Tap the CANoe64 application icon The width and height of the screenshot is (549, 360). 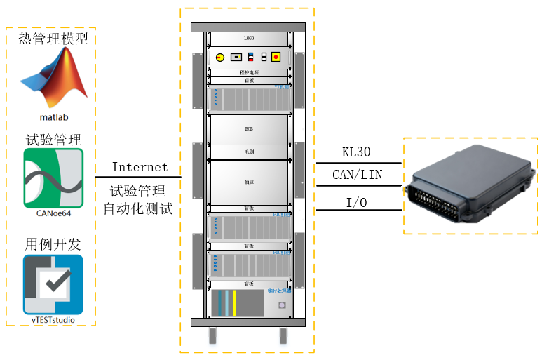coord(53,175)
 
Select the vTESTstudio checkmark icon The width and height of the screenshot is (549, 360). coord(53,284)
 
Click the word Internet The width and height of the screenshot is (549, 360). coord(140,167)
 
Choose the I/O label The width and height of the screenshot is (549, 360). coord(354,203)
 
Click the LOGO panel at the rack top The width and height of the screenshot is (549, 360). coord(248,39)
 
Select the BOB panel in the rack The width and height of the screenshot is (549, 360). coord(248,130)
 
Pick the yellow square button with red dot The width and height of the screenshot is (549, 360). coord(276,57)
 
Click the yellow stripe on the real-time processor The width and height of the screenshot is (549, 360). coord(234,303)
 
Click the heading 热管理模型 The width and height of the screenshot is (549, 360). coord(53,38)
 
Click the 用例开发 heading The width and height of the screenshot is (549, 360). coord(53,244)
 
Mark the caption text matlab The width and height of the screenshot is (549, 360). coord(53,116)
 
